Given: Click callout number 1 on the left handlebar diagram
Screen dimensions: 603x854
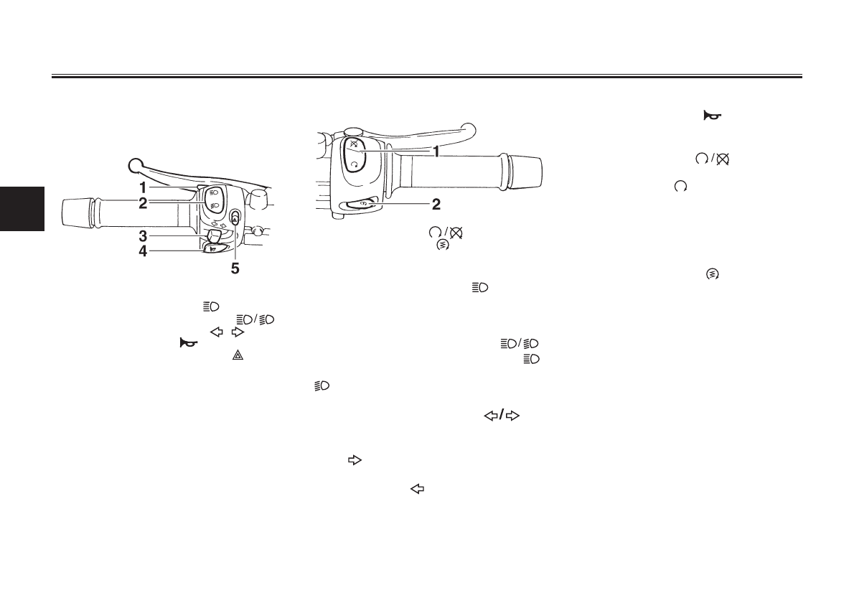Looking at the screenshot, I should [144, 188].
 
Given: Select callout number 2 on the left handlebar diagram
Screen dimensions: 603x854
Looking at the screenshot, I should [144, 203].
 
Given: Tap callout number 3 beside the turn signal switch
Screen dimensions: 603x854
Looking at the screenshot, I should [144, 235].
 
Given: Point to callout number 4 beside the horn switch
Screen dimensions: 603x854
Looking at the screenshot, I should [144, 251].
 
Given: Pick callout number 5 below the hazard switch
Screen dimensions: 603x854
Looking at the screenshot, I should [235, 271].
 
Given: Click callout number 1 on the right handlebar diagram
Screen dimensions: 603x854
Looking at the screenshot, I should [435, 152].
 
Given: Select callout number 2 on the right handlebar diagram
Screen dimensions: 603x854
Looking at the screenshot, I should [435, 205].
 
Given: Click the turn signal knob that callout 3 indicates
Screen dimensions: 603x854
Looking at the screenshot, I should [213, 235].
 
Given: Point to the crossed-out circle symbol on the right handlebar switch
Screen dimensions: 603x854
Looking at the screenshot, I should [352, 144].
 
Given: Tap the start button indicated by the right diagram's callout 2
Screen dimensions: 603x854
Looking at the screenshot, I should [362, 204].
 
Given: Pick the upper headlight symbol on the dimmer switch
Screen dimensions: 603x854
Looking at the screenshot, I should [214, 193].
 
